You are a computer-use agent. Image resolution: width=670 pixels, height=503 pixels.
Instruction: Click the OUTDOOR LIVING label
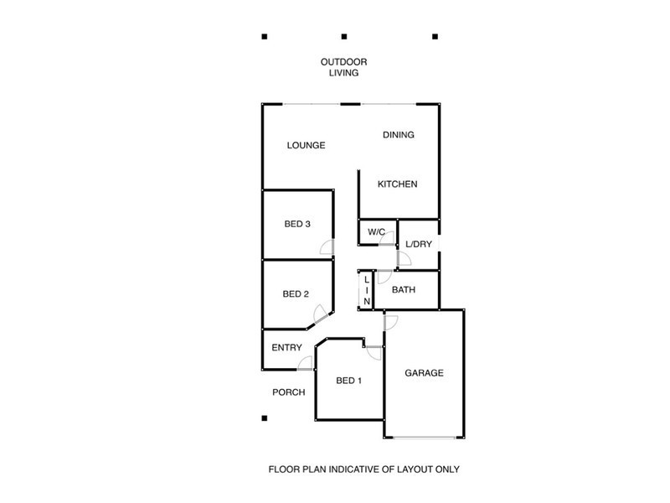pos(343,67)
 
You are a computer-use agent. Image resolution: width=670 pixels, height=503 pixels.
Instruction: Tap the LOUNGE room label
pos(306,145)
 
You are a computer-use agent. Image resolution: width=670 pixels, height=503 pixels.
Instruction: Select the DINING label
pos(399,135)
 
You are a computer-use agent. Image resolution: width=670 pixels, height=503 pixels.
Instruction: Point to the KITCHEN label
pos(397,184)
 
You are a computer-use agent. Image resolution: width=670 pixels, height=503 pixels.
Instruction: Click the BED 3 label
pos(297,224)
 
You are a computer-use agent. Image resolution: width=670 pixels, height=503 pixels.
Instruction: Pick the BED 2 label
pos(296,294)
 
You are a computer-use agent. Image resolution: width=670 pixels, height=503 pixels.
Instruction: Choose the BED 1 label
pos(348,381)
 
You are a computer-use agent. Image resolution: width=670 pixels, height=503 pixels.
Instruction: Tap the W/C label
pos(376,231)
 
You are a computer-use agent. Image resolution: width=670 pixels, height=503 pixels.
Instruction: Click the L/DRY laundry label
pos(418,245)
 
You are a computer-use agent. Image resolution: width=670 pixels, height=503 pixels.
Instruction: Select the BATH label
pos(405,291)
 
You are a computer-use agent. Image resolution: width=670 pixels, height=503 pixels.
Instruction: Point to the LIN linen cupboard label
pos(367,291)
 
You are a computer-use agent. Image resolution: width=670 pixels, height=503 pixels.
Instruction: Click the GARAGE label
pos(424,373)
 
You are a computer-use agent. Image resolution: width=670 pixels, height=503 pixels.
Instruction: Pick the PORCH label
pos(288,392)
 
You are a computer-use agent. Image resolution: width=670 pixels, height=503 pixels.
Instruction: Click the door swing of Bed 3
pos(327,247)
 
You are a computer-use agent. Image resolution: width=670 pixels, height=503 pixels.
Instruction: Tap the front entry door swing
pos(306,362)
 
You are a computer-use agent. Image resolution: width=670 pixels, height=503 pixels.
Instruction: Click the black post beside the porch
pos(264,417)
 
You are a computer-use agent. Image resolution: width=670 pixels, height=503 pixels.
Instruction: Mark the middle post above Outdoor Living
pos(344,37)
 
